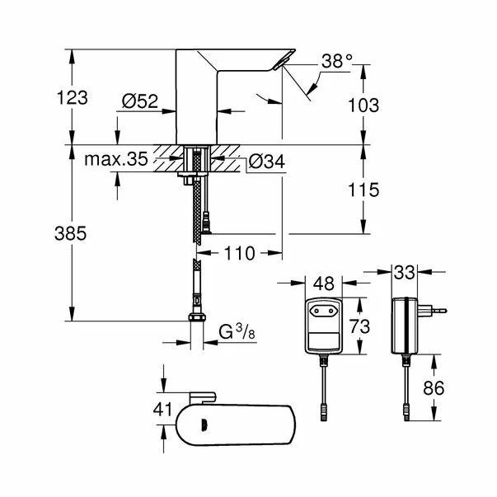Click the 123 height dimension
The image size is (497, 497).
[x=73, y=98]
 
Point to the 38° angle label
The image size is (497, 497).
[x=336, y=61]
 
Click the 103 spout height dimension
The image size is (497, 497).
[x=363, y=105]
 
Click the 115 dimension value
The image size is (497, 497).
[x=363, y=190]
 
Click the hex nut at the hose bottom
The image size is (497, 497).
[x=195, y=321]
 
